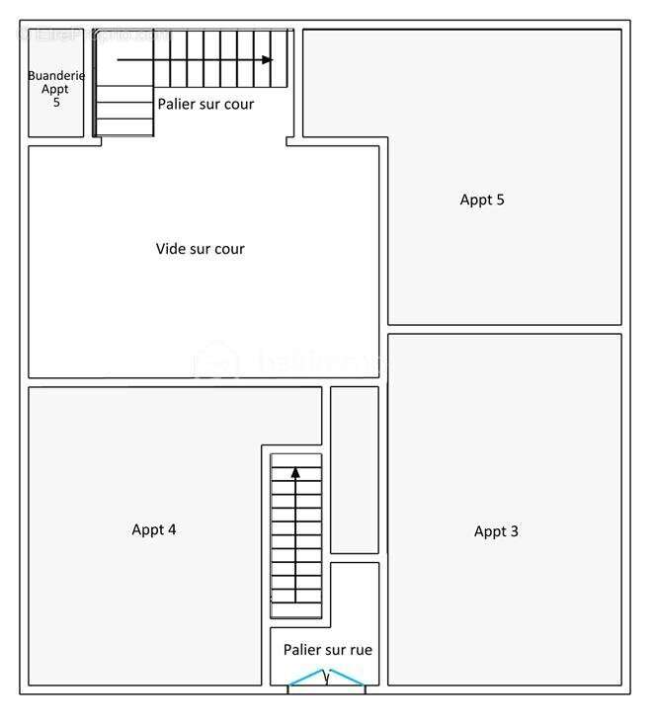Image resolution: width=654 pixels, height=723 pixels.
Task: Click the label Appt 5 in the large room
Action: (x=482, y=200)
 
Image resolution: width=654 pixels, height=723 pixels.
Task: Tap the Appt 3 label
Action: (x=496, y=531)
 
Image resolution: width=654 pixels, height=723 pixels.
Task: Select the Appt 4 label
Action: (x=154, y=529)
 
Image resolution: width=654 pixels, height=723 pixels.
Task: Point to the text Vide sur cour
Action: (x=200, y=249)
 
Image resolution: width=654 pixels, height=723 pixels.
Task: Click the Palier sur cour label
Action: (x=205, y=104)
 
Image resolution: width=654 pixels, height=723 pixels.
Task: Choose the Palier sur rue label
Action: (x=327, y=650)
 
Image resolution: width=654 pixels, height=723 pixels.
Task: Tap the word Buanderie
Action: (x=56, y=76)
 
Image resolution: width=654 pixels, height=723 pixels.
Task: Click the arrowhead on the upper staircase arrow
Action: (x=267, y=60)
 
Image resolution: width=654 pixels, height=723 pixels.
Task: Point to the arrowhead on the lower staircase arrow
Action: (x=295, y=473)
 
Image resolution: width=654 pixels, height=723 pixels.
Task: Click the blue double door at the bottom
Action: (x=327, y=678)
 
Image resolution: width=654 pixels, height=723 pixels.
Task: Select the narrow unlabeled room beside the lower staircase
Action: (x=354, y=469)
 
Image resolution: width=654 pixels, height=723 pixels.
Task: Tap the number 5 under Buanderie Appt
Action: (x=56, y=103)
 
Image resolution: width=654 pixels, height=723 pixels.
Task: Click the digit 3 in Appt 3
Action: (x=514, y=531)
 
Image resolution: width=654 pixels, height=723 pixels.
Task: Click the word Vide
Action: (x=171, y=249)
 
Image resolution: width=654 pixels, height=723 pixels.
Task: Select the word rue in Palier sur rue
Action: (x=361, y=650)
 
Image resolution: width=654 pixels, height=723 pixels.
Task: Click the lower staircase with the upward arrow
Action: (x=296, y=538)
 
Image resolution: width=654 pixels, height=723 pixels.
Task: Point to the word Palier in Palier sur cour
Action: (x=177, y=104)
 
